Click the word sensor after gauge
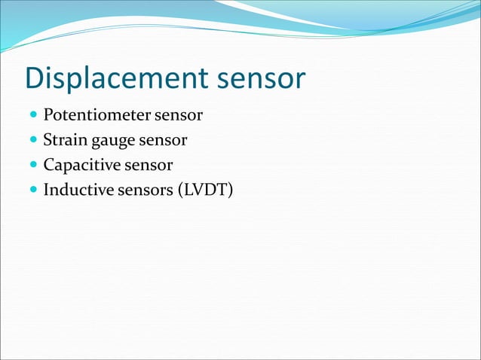pyautogui.click(x=164, y=140)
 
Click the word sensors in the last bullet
pyautogui.click(x=145, y=189)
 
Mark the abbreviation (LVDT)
pyautogui.click(x=205, y=189)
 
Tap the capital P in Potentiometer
pyautogui.click(x=48, y=116)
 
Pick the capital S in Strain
pyautogui.click(x=47, y=140)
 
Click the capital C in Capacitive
pyautogui.click(x=49, y=165)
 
